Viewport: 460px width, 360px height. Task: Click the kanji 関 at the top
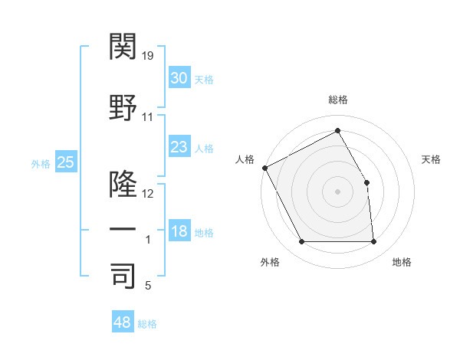(x=123, y=47)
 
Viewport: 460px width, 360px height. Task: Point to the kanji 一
(x=123, y=230)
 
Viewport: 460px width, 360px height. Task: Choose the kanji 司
(x=123, y=277)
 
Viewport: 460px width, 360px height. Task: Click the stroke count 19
(x=148, y=56)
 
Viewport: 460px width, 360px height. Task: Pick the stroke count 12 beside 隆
(x=148, y=193)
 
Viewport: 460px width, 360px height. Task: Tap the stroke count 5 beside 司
(x=148, y=286)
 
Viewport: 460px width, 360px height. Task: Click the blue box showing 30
(x=179, y=77)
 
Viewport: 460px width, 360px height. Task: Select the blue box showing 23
(x=179, y=146)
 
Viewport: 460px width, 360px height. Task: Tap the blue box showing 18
(x=179, y=231)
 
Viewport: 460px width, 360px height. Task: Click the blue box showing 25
(x=65, y=162)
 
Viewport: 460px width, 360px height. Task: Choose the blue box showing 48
(x=122, y=322)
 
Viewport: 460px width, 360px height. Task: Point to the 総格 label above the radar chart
(x=338, y=100)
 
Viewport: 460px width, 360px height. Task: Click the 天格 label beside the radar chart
(x=432, y=159)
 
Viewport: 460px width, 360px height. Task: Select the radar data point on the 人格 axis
(x=264, y=168)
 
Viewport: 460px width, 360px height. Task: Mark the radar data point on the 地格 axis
(x=373, y=242)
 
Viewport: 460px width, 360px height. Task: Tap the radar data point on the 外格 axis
(x=301, y=242)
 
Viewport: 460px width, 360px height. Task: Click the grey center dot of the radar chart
(x=337, y=191)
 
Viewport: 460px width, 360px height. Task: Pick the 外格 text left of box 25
(x=41, y=163)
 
